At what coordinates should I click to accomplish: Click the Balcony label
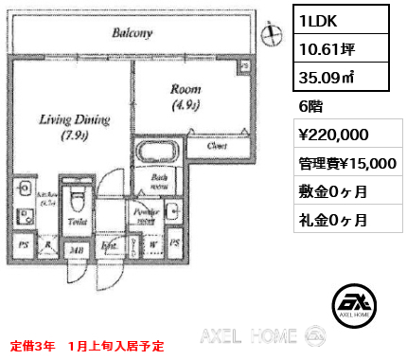(133, 32)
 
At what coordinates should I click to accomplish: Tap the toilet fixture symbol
(80, 202)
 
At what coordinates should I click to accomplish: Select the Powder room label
(146, 215)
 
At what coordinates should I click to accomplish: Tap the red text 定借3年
(34, 344)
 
